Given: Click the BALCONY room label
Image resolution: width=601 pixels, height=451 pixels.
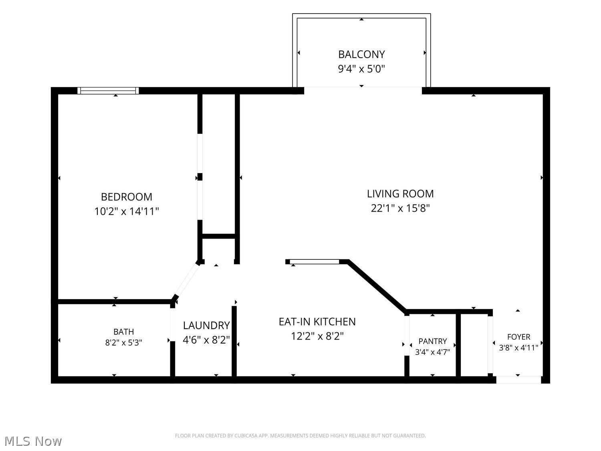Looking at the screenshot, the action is [361, 54].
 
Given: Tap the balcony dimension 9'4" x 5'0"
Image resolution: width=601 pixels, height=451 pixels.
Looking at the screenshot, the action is [361, 69].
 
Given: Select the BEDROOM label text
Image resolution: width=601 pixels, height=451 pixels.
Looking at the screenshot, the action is [127, 196].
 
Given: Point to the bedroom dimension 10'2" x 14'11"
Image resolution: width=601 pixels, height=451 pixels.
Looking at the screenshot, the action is [127, 211].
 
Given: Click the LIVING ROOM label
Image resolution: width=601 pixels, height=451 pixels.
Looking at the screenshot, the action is [400, 194].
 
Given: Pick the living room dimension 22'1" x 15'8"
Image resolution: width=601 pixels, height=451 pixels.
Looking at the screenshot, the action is [400, 208].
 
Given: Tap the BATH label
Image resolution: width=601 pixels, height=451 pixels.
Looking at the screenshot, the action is [123, 332].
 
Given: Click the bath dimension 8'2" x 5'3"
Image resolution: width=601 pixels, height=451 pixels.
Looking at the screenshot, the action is [123, 342].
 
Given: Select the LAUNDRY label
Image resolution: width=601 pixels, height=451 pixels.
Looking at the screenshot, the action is [206, 325].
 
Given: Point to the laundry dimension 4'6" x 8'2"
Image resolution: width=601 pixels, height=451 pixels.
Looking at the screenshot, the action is [206, 340].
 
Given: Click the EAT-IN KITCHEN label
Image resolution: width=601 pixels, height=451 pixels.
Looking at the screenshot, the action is [317, 322].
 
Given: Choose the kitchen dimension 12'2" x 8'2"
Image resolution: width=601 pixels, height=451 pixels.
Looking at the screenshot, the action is [317, 336].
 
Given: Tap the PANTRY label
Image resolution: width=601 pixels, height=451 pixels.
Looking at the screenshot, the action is [433, 341].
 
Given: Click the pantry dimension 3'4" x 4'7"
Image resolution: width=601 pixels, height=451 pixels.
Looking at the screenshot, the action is [433, 352].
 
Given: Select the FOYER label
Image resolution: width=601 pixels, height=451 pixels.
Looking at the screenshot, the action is [518, 336].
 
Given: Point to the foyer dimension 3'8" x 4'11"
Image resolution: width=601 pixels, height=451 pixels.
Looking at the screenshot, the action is [518, 348].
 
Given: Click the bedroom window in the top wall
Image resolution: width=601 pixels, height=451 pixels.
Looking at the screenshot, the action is [108, 91].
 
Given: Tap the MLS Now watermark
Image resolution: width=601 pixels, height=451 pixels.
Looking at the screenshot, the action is [33, 441].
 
